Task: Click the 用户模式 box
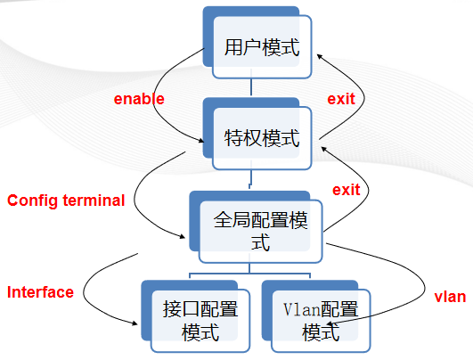point(261,48)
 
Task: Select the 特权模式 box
point(261,138)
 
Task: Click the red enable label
point(139,99)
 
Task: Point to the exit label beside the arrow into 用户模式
point(341,99)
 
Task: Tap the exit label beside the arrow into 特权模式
point(347,190)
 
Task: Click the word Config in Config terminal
point(32,200)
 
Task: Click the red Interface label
point(40,292)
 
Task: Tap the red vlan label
point(450,297)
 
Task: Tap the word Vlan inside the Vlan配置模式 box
point(300,310)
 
